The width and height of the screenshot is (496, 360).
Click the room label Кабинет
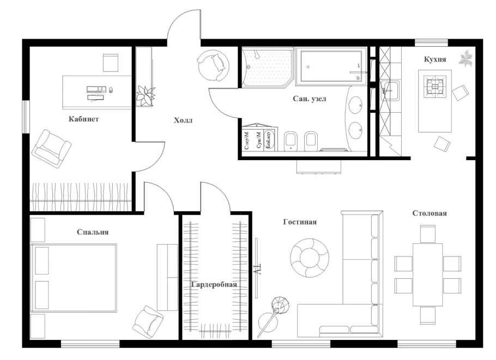tap(83, 119)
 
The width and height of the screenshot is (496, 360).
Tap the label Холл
tap(183, 120)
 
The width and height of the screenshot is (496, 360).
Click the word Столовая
tap(430, 213)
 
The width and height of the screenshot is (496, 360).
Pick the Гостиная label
tap(300, 222)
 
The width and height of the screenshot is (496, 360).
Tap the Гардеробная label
tap(214, 284)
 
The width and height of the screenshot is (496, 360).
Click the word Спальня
tap(93, 231)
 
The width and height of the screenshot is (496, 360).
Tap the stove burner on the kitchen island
tap(435, 86)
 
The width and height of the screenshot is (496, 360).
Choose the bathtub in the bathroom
tap(331, 68)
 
